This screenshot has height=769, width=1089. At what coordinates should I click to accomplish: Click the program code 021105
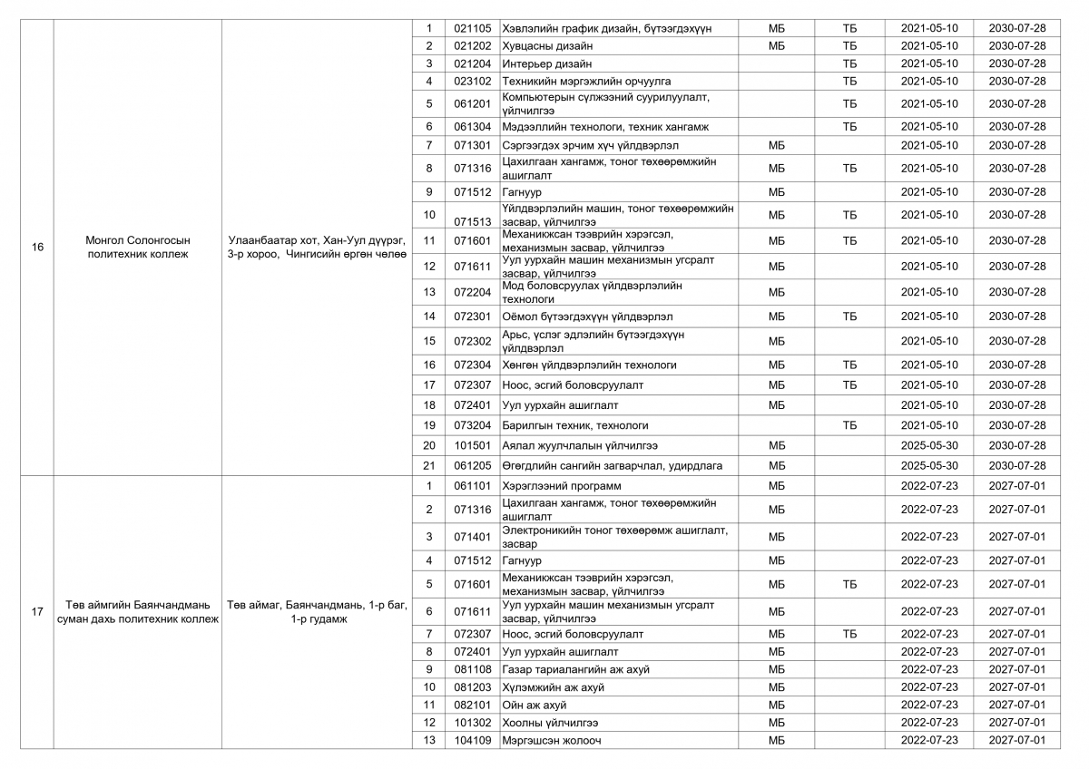pyautogui.click(x=472, y=28)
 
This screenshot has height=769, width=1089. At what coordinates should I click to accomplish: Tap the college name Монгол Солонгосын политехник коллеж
pyautogui.click(x=137, y=247)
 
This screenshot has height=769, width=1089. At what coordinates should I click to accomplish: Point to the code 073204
pyautogui.click(x=472, y=425)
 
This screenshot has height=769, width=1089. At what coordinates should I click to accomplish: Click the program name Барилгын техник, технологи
pyautogui.click(x=575, y=425)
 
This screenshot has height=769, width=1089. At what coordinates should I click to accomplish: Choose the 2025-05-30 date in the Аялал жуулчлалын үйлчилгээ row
pyautogui.click(x=928, y=445)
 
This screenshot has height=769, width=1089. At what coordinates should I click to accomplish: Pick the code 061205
pyautogui.click(x=472, y=465)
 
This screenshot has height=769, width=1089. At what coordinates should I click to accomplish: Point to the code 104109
pyautogui.click(x=472, y=740)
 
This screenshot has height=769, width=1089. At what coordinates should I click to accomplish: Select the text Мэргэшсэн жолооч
pyautogui.click(x=551, y=740)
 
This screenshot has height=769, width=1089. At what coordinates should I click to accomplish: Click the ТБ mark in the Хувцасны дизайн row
pyautogui.click(x=849, y=45)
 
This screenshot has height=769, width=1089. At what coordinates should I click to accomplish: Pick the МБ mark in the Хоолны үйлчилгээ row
pyautogui.click(x=776, y=723)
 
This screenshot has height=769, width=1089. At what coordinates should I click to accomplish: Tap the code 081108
pyautogui.click(x=472, y=669)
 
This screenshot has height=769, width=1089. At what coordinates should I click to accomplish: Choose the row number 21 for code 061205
pyautogui.click(x=429, y=465)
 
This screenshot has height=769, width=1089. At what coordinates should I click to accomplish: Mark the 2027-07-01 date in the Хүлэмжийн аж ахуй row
pyautogui.click(x=1016, y=687)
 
